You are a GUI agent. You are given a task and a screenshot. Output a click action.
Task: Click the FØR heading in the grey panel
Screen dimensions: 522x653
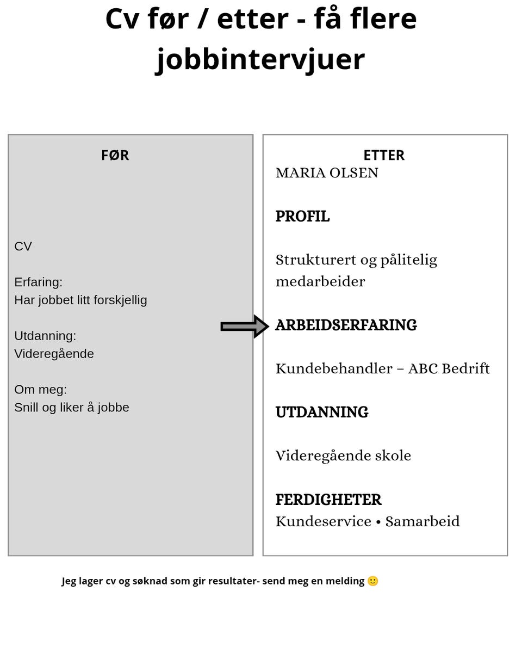(x=115, y=156)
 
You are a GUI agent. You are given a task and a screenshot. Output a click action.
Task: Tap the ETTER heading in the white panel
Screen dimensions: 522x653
(x=384, y=156)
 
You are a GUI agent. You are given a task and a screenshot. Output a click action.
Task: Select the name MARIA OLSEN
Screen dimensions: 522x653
(x=327, y=173)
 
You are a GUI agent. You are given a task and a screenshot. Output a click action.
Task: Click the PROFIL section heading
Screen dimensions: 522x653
(x=302, y=217)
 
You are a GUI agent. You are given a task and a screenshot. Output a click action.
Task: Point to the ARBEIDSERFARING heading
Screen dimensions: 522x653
(x=346, y=325)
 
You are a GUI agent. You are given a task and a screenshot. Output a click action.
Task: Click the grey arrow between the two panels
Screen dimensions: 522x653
(x=245, y=326)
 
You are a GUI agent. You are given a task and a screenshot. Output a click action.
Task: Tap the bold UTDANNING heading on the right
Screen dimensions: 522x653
(x=322, y=412)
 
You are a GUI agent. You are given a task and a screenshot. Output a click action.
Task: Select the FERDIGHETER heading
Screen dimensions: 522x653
(x=328, y=500)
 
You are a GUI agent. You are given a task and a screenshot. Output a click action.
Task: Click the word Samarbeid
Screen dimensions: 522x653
(x=422, y=522)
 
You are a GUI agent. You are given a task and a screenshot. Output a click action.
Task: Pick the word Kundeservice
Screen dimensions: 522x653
(x=324, y=522)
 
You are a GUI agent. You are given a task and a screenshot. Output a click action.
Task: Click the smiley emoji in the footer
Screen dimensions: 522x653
(x=373, y=581)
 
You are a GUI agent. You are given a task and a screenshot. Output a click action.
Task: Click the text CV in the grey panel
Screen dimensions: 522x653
(x=23, y=247)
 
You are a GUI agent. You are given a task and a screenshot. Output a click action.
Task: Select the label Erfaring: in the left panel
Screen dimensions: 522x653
(x=38, y=282)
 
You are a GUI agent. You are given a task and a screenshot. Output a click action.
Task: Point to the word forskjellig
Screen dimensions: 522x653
(x=120, y=300)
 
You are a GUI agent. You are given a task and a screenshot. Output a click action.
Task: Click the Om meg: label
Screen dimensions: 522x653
(x=40, y=390)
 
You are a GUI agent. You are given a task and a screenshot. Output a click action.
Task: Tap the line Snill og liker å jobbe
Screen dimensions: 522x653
(x=72, y=408)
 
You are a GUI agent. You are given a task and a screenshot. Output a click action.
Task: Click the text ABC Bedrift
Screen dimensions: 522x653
(x=449, y=369)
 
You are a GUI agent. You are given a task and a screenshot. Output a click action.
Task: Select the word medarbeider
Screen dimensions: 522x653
(x=320, y=281)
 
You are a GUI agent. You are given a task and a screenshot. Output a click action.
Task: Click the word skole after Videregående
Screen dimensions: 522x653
(x=393, y=456)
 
